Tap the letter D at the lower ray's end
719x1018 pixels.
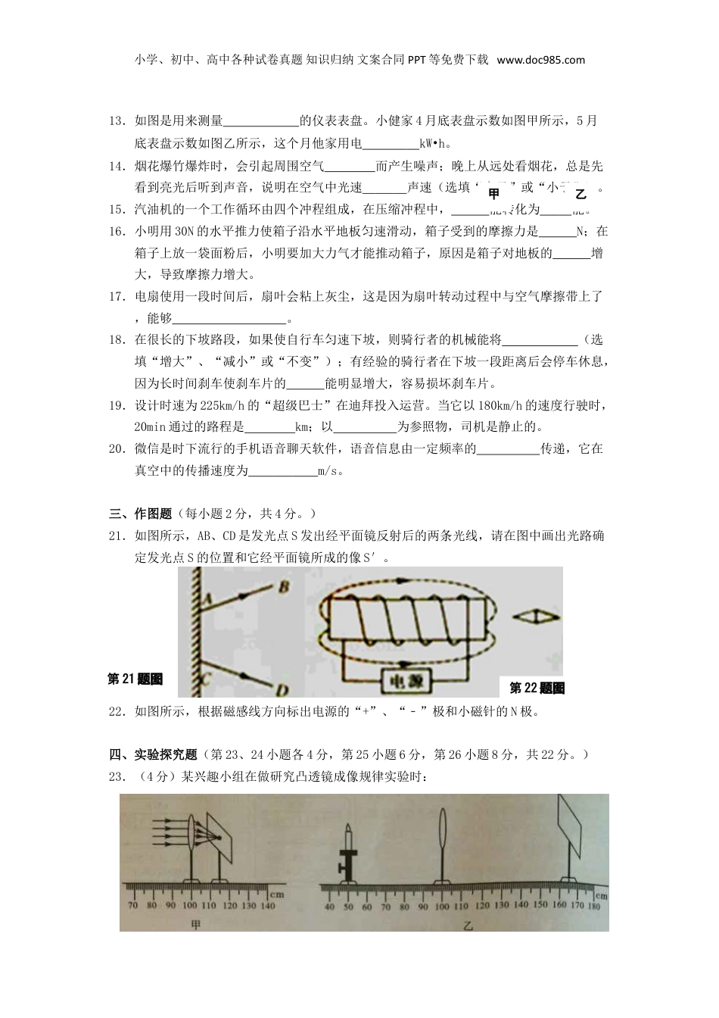click(x=282, y=689)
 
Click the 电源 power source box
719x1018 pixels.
click(x=406, y=679)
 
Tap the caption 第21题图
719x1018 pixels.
click(x=135, y=679)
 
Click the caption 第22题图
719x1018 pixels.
click(x=537, y=688)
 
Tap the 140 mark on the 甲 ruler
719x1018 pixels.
click(x=267, y=906)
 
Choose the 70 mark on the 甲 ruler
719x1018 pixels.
click(x=132, y=906)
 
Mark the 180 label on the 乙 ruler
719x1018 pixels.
click(x=593, y=906)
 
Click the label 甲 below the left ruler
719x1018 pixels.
click(x=197, y=924)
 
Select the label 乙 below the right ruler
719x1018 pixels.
click(x=468, y=925)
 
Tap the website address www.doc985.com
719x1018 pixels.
click(x=541, y=60)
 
